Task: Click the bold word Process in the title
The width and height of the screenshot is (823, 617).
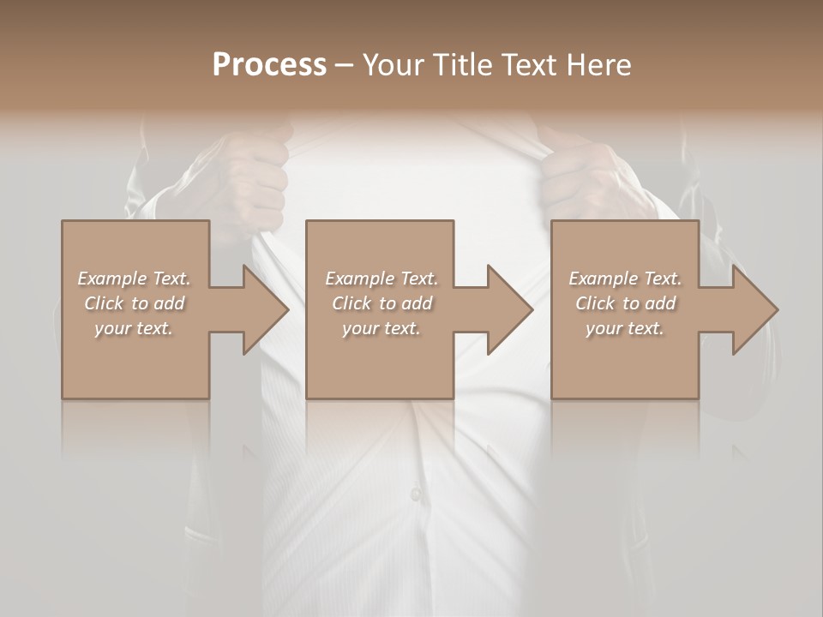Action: click(x=269, y=65)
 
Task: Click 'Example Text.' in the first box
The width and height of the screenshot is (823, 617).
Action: click(x=134, y=279)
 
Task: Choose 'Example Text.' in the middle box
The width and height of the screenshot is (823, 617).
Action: click(x=381, y=279)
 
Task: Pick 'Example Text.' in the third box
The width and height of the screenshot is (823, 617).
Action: click(x=625, y=279)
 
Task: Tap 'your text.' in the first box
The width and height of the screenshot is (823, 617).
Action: click(x=134, y=328)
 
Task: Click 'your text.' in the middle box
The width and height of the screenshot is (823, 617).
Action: click(x=381, y=328)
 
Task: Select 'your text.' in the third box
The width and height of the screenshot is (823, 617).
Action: click(x=625, y=328)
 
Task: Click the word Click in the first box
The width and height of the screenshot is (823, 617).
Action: click(x=104, y=303)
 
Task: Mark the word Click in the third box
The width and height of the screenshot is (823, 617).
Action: click(x=595, y=303)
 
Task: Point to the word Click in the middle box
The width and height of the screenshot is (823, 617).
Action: click(x=351, y=303)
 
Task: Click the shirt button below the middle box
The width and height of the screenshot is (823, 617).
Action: click(x=416, y=494)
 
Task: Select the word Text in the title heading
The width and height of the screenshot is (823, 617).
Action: click(x=526, y=65)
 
